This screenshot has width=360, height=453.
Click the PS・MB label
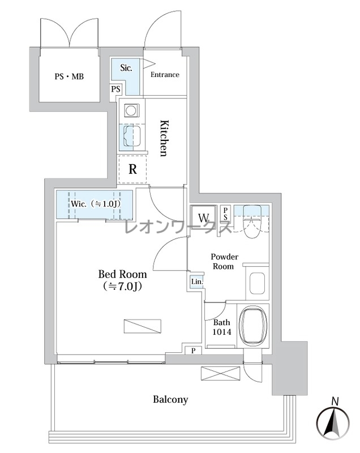(69, 76)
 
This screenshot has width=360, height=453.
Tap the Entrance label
(165, 75)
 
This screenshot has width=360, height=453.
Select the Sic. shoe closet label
(126, 68)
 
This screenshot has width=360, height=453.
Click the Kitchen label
(164, 138)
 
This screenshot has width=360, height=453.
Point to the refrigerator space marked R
(132, 169)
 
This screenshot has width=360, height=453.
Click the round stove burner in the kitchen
(132, 110)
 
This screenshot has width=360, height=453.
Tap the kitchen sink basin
(132, 136)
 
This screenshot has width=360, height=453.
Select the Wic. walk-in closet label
(95, 204)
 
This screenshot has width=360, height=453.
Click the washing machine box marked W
(203, 217)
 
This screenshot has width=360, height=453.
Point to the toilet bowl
(252, 221)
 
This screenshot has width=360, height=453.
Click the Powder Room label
(224, 261)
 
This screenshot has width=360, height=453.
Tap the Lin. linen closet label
(197, 281)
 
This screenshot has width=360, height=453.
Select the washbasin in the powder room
(257, 283)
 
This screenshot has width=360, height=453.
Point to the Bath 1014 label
(222, 327)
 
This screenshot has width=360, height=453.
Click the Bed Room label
(122, 280)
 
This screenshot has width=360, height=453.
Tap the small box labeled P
(193, 351)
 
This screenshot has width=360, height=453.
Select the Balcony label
(170, 400)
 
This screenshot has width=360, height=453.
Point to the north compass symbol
(333, 420)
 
